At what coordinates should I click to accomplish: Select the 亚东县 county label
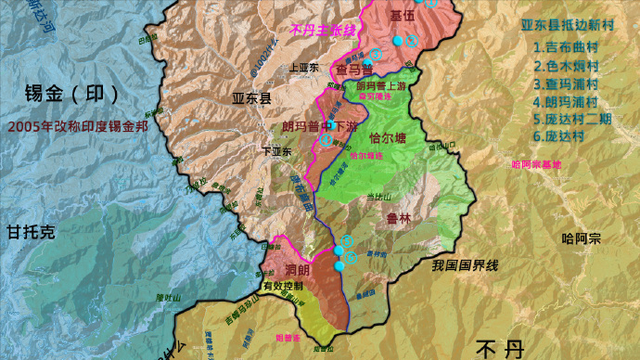pyautogui.click(x=251, y=100)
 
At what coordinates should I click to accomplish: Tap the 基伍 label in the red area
pyautogui.click(x=401, y=16)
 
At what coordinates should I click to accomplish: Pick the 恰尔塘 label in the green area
pyautogui.click(x=386, y=138)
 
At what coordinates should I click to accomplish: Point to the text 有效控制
pyautogui.click(x=281, y=288)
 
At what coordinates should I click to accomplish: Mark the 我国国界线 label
pyautogui.click(x=465, y=266)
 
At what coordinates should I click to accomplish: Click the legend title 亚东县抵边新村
pyautogui.click(x=573, y=26)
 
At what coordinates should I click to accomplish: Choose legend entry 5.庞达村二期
pyautogui.click(x=574, y=119)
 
